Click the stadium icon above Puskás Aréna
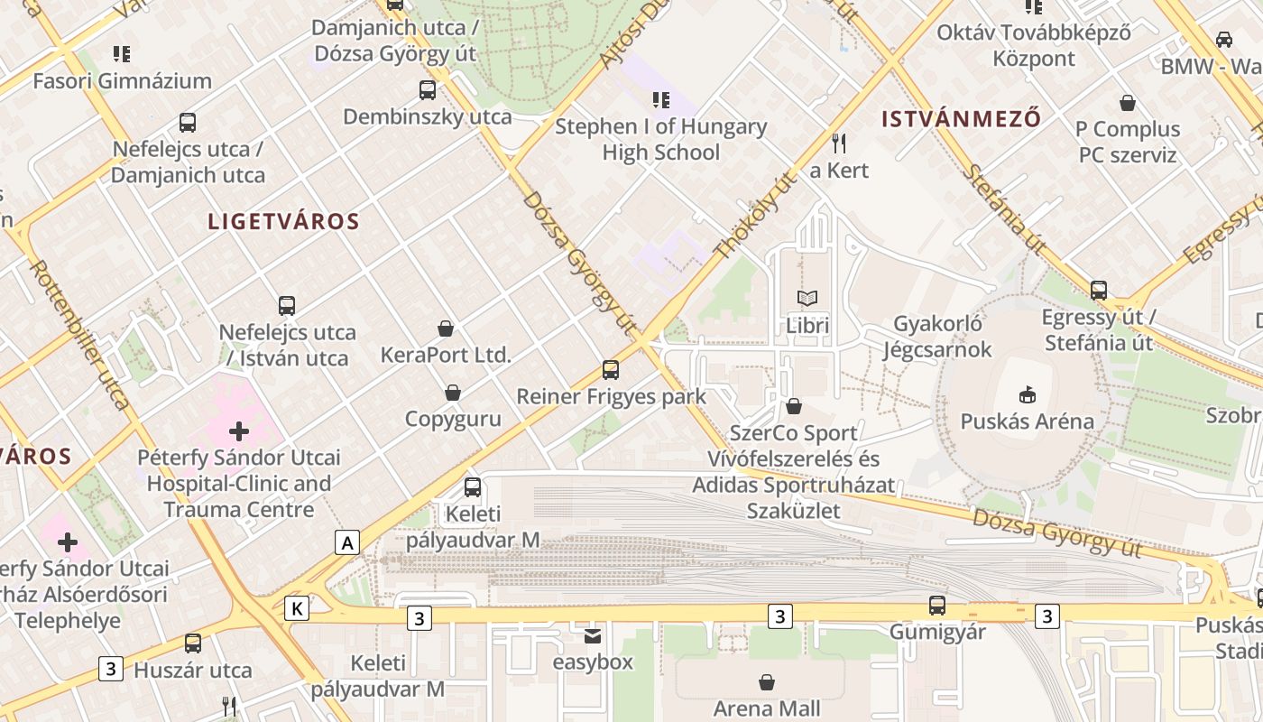1027,394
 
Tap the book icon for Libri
807,298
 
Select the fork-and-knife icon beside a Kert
839,143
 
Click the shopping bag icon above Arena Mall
767,681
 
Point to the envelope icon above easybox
593,635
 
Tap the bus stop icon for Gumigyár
937,605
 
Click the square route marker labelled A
347,542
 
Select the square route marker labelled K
296,608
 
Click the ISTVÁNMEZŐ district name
961,118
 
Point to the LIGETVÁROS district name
283,221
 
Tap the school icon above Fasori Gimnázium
122,54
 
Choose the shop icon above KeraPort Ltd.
446,328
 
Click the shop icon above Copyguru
453,393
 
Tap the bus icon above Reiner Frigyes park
611,369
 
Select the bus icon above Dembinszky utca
428,90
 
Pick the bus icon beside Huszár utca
193,643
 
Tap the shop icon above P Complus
1127,103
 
